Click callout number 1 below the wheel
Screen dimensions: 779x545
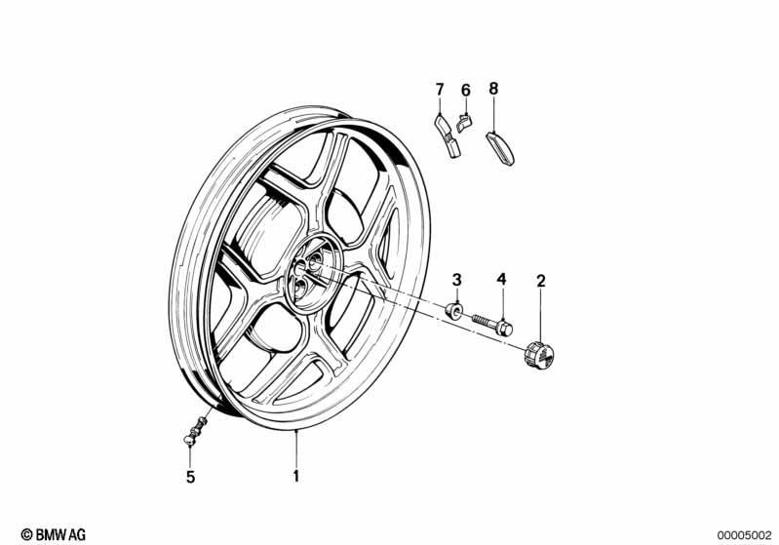tap(296, 476)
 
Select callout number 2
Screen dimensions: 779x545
tap(541, 281)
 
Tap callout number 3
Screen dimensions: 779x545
tap(456, 280)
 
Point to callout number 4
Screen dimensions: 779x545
tap(502, 279)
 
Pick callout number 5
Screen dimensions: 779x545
tap(191, 478)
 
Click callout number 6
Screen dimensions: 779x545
tap(465, 91)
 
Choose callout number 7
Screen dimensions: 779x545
tap(440, 90)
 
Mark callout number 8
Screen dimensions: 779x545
tap(492, 89)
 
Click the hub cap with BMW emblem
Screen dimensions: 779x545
tap(539, 355)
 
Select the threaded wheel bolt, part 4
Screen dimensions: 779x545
tap(491, 325)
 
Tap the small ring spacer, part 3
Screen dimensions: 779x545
tap(453, 310)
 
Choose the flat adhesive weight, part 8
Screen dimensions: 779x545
tap(500, 147)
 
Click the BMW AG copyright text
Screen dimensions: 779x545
tap(54, 534)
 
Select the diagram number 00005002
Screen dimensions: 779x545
tap(743, 535)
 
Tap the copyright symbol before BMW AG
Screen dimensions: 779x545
tap(27, 534)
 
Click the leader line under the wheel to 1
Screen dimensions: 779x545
tap(296, 449)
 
